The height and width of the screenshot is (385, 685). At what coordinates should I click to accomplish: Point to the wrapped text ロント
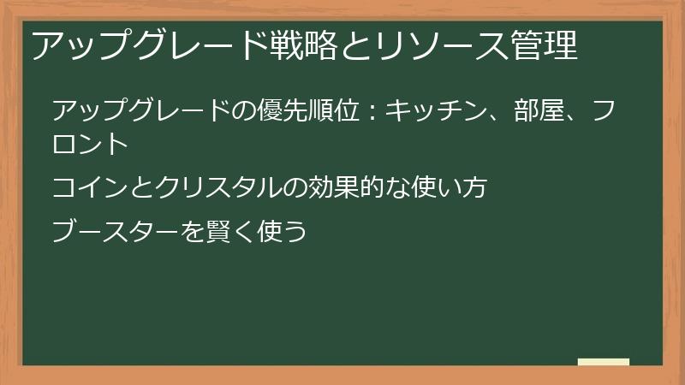coord(90,143)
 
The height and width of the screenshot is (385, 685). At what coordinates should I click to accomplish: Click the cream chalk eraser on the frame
coord(604,363)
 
